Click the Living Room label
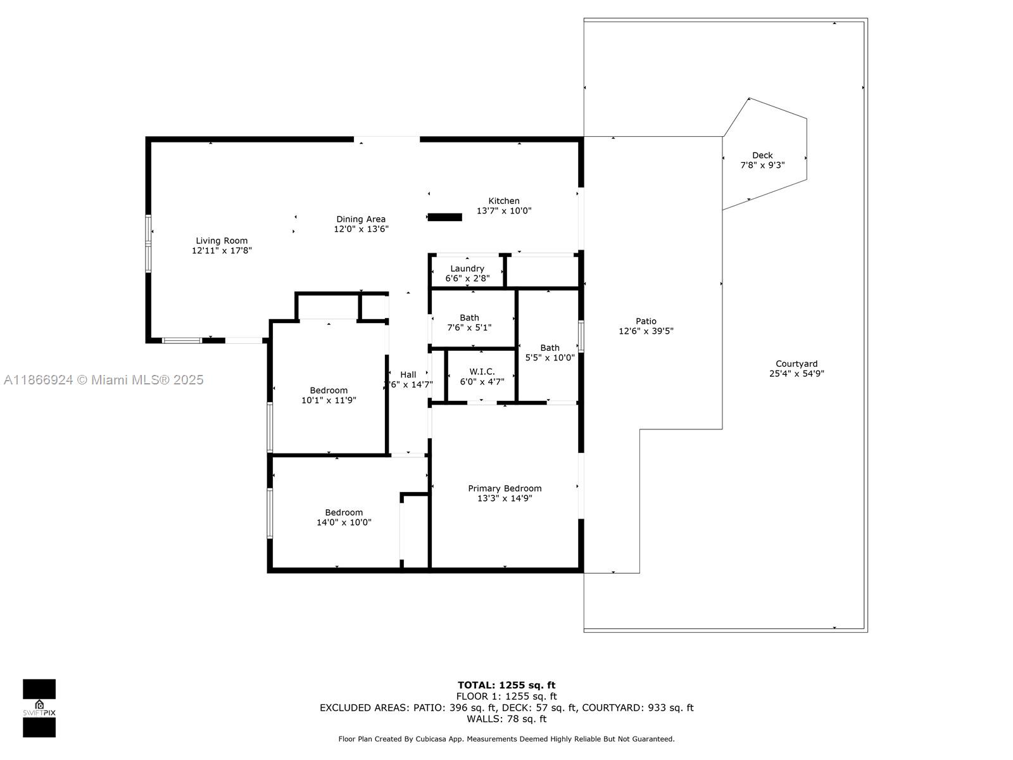tap(222, 241)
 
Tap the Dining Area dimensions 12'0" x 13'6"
tap(361, 229)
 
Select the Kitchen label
tap(504, 201)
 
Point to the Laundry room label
tap(467, 269)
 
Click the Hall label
tap(408, 375)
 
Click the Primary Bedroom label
tap(505, 488)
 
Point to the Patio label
tap(646, 321)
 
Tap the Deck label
tap(762, 156)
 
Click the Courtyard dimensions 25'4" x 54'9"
tap(796, 374)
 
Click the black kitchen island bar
tap(445, 217)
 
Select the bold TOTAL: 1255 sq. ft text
tap(507, 685)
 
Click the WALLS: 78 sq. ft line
tap(507, 718)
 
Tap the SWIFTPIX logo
tap(39, 708)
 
